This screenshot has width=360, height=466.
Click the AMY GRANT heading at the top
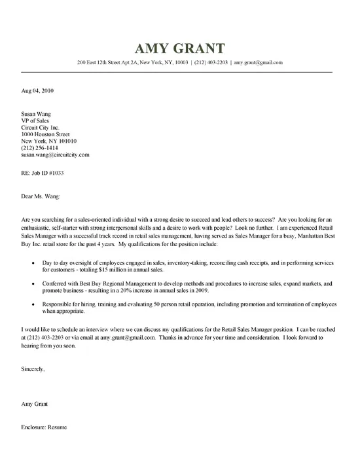[x=180, y=49]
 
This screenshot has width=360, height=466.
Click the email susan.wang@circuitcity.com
[x=55, y=155]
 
